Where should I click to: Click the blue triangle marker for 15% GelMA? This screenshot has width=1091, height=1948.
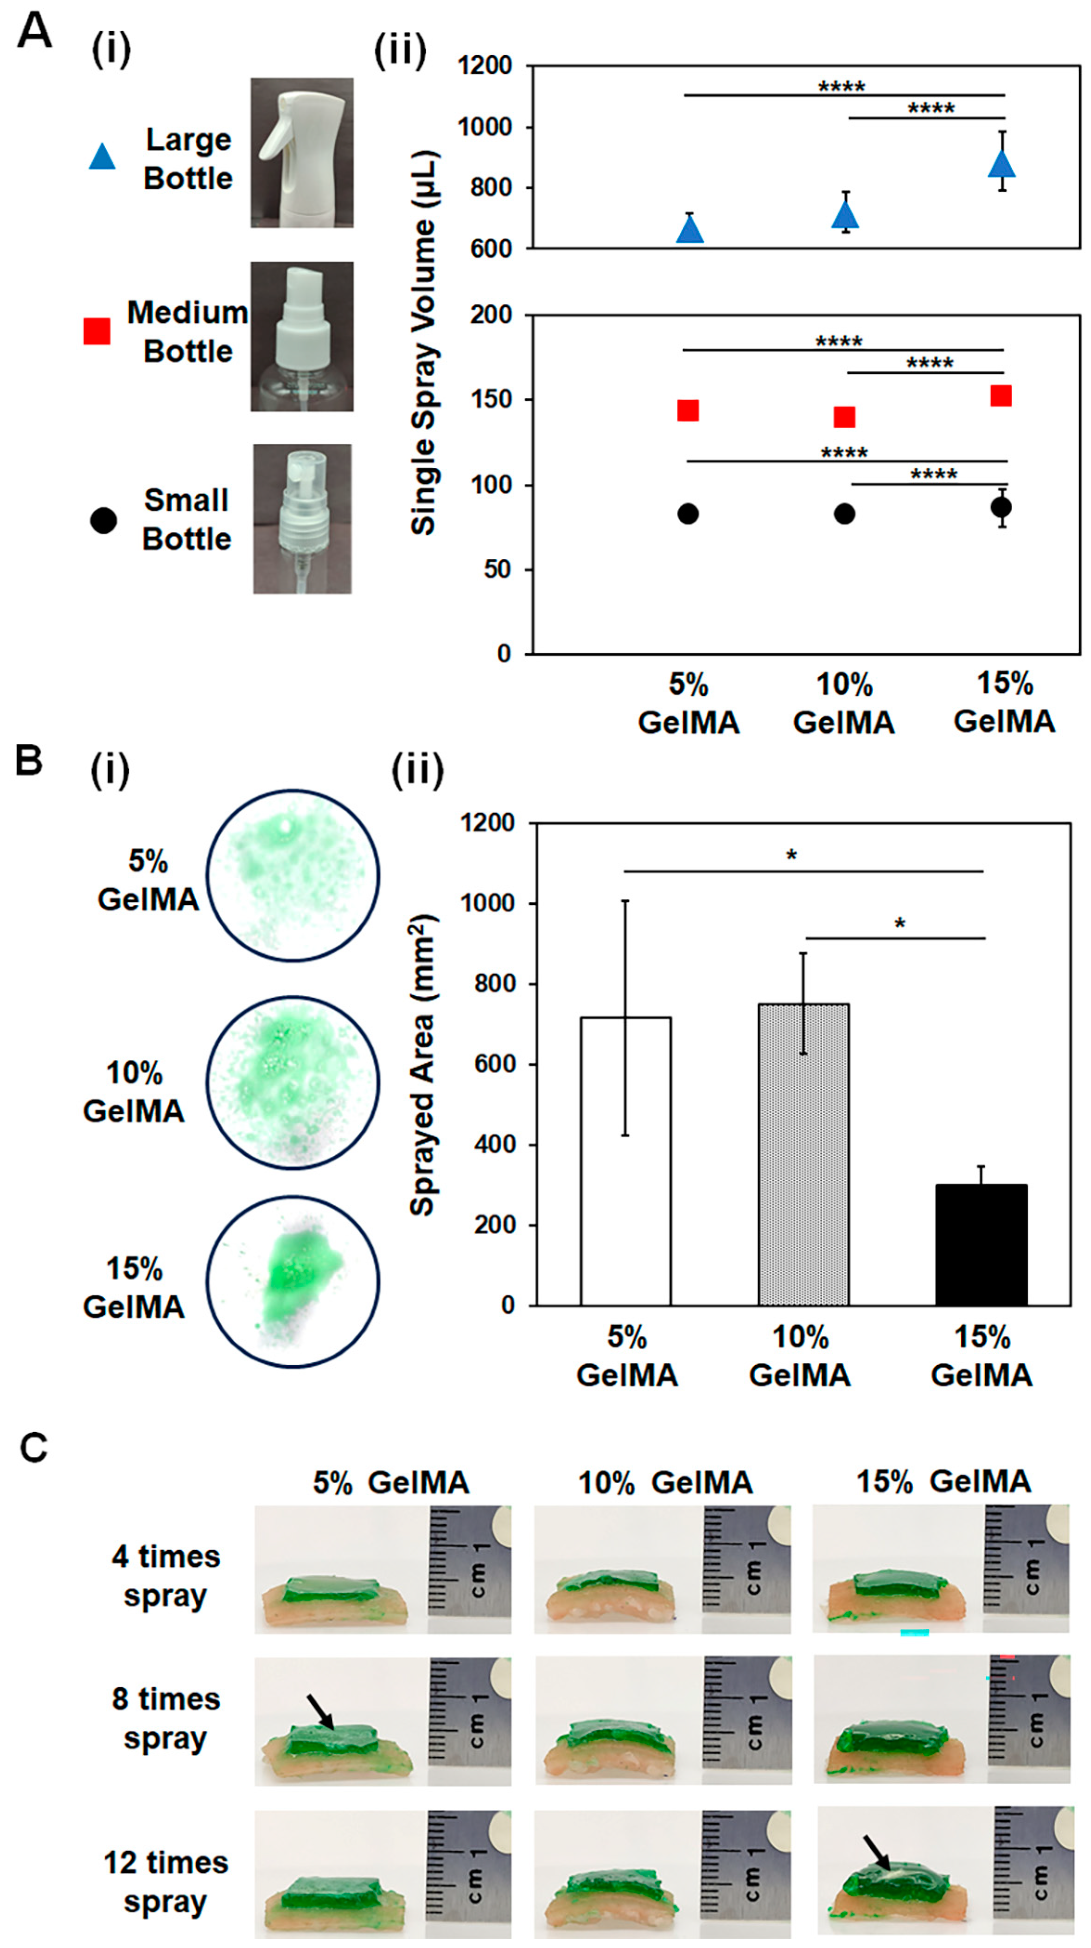click(1002, 165)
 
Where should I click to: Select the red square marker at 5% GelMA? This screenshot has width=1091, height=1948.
click(687, 410)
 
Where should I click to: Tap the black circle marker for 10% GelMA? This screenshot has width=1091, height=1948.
click(844, 513)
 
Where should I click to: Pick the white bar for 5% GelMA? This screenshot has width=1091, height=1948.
click(625, 1161)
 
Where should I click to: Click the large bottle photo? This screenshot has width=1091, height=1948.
click(302, 153)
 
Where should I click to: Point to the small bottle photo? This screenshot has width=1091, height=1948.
click(302, 518)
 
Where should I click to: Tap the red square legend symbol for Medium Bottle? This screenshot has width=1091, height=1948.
click(97, 331)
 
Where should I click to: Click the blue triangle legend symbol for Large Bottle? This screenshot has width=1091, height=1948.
click(102, 157)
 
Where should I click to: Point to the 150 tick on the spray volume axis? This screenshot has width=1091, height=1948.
click(491, 399)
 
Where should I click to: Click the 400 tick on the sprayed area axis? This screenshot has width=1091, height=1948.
click(495, 1144)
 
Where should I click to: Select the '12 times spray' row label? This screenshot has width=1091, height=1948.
click(166, 1882)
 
